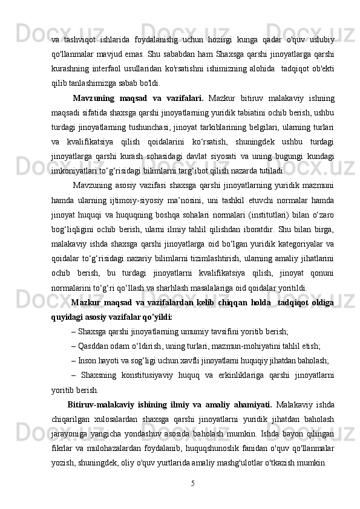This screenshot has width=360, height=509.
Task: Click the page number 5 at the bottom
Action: click(x=192, y=483)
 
